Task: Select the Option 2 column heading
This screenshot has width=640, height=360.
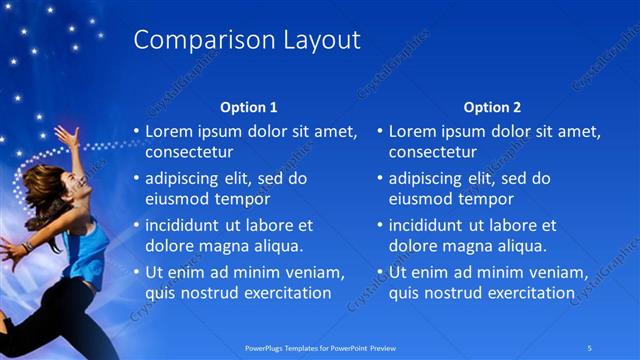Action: pos(493,107)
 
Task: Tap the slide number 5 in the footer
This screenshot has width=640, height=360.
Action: pos(590,348)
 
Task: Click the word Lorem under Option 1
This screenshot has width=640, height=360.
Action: pos(169,131)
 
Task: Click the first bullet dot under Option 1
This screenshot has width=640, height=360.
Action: pos(136,132)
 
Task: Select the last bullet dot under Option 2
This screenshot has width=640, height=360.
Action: pos(380,273)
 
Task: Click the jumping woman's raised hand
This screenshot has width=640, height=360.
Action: pos(67,133)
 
